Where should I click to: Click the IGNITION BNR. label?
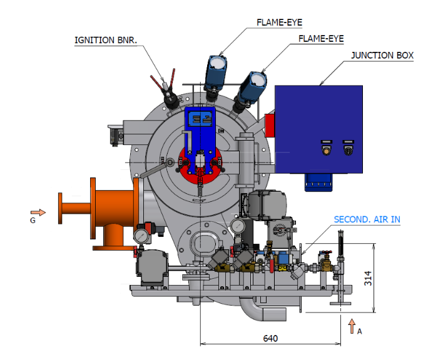[x=106, y=40]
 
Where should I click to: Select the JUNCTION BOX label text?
[x=382, y=55]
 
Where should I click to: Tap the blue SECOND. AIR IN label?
[x=367, y=219]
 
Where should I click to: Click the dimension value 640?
[x=270, y=338]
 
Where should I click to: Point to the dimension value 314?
[x=368, y=278]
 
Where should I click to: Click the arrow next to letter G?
[x=38, y=212]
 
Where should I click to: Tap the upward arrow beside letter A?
[x=352, y=326]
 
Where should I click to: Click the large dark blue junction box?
[x=318, y=129]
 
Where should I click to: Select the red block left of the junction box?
[x=270, y=125]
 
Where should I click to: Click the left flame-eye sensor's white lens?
[x=217, y=62]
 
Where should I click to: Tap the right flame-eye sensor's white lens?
[x=258, y=79]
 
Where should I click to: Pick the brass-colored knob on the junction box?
[x=326, y=151]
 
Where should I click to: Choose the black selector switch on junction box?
[x=348, y=151]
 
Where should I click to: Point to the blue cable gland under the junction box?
[x=318, y=182]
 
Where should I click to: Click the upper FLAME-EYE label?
[x=279, y=22]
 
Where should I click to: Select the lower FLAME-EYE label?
[x=321, y=39]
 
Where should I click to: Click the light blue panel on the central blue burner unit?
[x=200, y=119]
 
